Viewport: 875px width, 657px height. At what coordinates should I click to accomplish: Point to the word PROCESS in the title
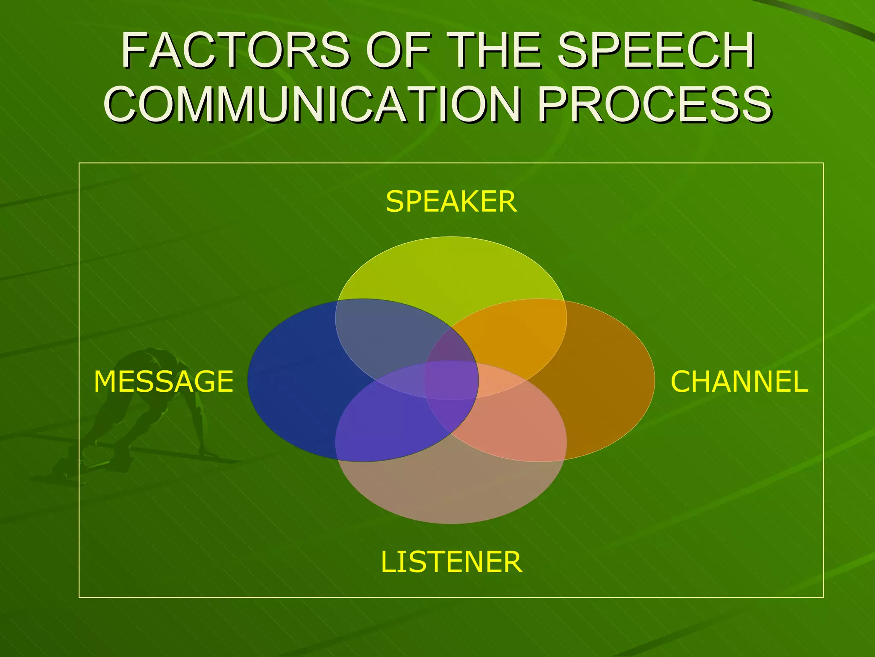[654, 104]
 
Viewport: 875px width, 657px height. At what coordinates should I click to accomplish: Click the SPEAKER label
[451, 201]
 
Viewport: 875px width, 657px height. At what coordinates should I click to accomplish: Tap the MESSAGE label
[164, 382]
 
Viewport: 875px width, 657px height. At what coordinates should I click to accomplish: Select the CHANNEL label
[739, 382]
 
